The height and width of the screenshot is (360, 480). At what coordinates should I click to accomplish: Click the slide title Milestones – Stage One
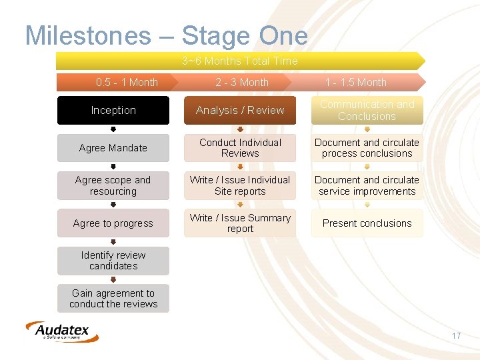(166, 35)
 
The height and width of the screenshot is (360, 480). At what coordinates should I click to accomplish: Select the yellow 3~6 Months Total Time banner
(240, 61)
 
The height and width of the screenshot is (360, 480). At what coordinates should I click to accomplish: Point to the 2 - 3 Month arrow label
(241, 83)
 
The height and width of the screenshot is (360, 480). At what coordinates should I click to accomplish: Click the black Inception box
(113, 111)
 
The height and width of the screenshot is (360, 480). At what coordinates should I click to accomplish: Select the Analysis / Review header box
(240, 111)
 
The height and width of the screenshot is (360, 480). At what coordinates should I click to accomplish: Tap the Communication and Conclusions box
(367, 111)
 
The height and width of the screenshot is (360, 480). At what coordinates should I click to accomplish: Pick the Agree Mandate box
(113, 148)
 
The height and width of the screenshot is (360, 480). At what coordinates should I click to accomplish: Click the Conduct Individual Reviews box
(240, 148)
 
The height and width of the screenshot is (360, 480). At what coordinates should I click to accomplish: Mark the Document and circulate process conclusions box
(367, 148)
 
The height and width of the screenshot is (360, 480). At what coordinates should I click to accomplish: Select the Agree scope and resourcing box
(113, 186)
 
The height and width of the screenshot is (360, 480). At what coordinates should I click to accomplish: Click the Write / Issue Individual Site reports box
(240, 186)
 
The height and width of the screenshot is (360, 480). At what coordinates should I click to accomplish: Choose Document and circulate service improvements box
(367, 186)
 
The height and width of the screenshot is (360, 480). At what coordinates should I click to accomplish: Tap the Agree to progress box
(113, 223)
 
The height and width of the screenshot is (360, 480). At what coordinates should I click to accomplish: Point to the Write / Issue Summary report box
(240, 223)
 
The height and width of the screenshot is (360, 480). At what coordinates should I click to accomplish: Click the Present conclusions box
(367, 223)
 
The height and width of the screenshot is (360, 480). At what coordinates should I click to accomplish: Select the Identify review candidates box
(113, 261)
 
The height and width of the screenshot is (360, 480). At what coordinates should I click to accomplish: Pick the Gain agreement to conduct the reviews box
(113, 299)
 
